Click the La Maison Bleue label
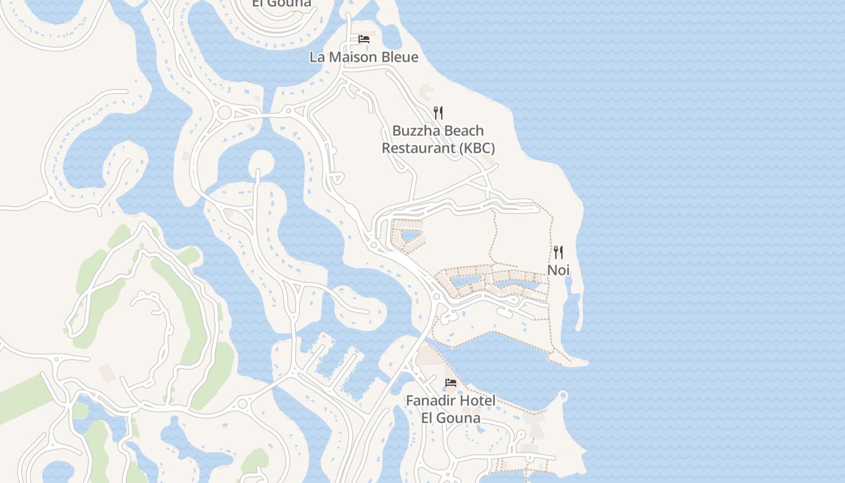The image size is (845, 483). point(363,57)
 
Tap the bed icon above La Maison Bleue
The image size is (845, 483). point(363,39)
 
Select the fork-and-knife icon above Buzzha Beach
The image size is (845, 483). point(438,112)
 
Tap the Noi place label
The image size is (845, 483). point(558,270)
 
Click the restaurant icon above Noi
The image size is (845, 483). point(558,252)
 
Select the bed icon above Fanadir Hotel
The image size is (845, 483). point(450,382)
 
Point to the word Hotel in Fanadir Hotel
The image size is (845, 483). point(477,400)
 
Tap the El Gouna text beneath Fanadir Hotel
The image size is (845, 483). point(451,418)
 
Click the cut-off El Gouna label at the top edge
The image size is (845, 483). point(281,3)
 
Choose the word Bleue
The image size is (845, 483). point(398,57)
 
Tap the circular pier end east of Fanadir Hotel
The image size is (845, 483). point(563,396)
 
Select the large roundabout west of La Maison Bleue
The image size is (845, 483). point(225,112)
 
